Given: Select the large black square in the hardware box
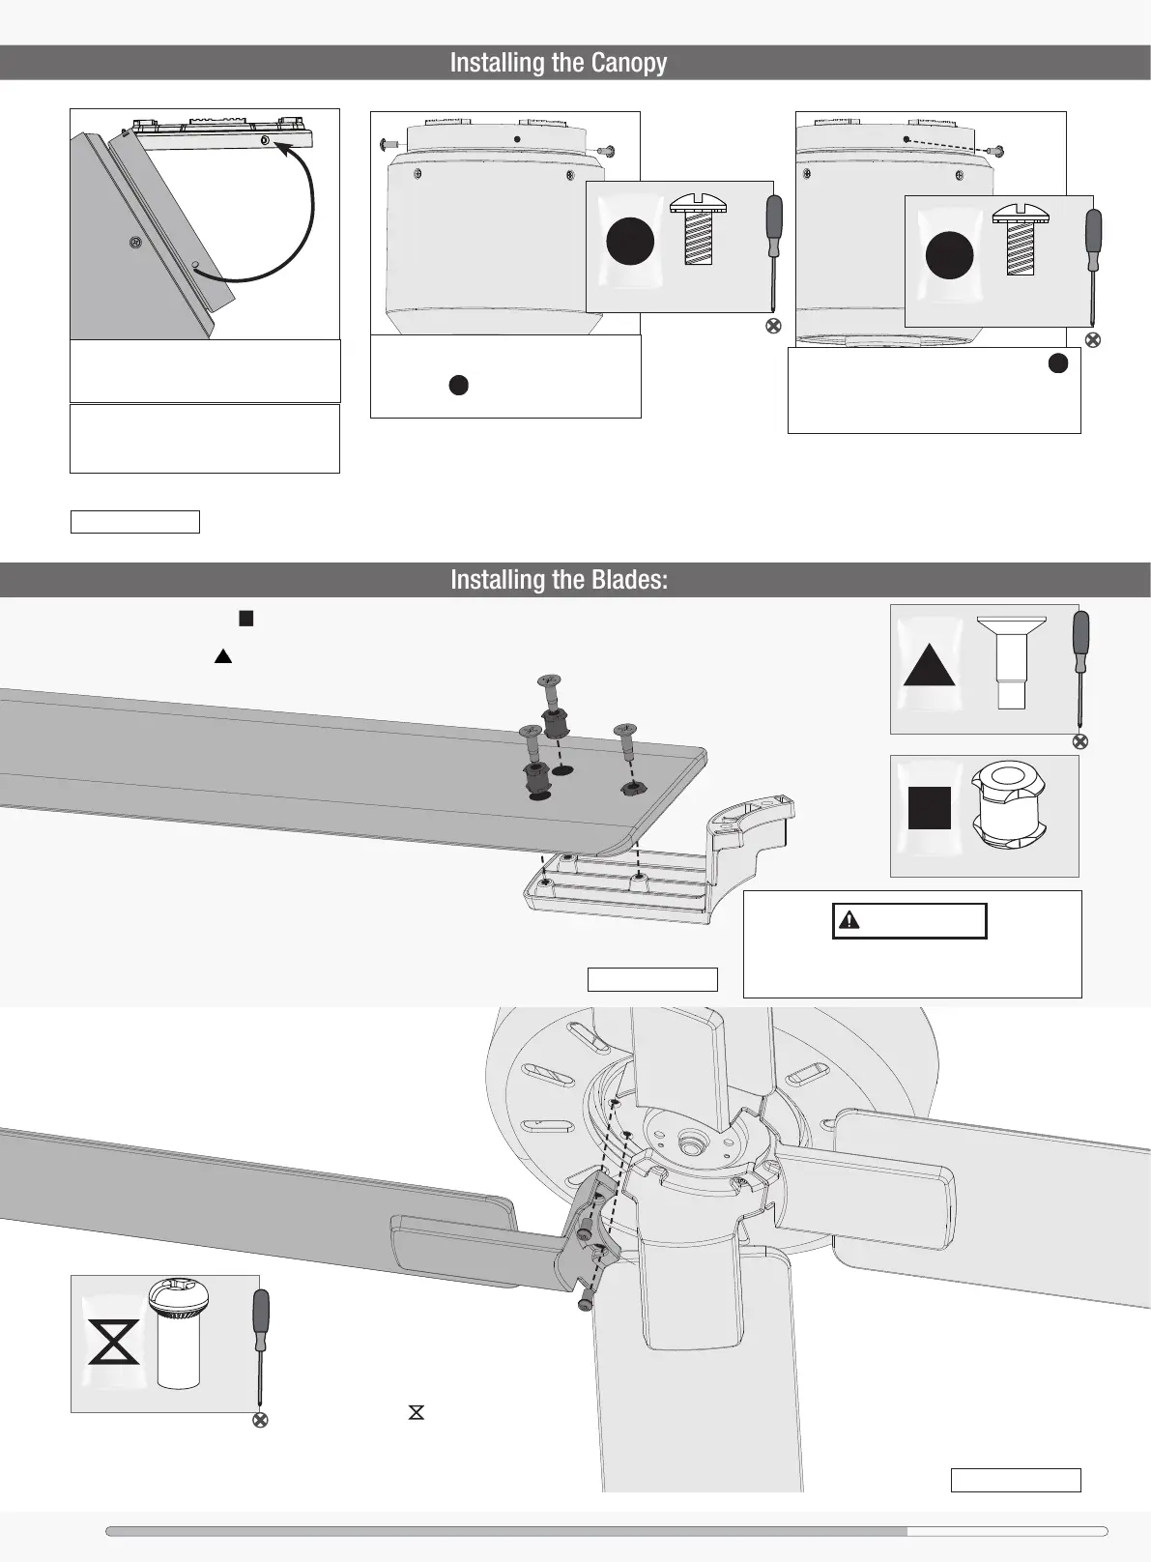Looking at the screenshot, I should point(930,808).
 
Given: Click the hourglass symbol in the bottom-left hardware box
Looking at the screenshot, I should point(114,1343).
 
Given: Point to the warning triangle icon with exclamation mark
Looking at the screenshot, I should point(849,920).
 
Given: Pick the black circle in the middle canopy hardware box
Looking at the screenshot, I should point(630,242).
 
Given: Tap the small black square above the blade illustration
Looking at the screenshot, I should point(245,619).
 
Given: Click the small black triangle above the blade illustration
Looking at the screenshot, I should point(223,656).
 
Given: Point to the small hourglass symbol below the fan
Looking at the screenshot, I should point(417,1412).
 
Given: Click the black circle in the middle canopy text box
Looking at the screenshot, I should point(459,385).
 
